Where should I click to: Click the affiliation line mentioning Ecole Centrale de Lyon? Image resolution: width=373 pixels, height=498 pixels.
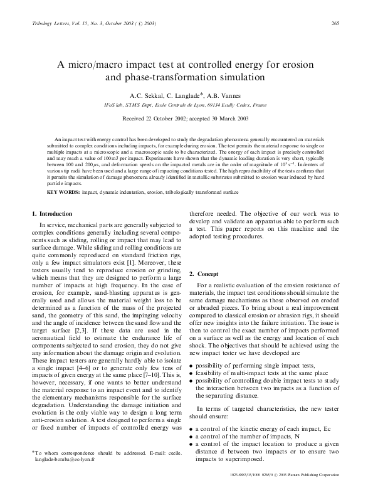[186, 106]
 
